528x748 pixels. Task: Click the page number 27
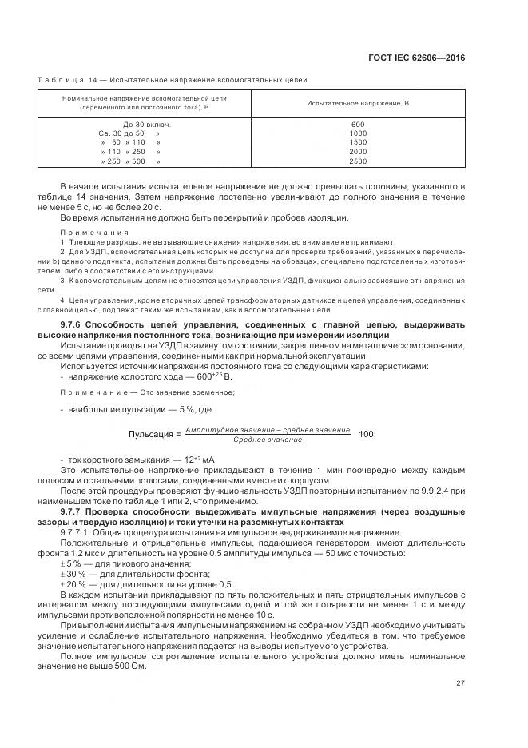tap(461, 683)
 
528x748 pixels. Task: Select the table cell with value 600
tap(357, 124)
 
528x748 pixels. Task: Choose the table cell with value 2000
tap(357, 151)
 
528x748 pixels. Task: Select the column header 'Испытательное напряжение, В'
tap(357, 104)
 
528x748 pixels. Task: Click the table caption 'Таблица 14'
tap(70, 79)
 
